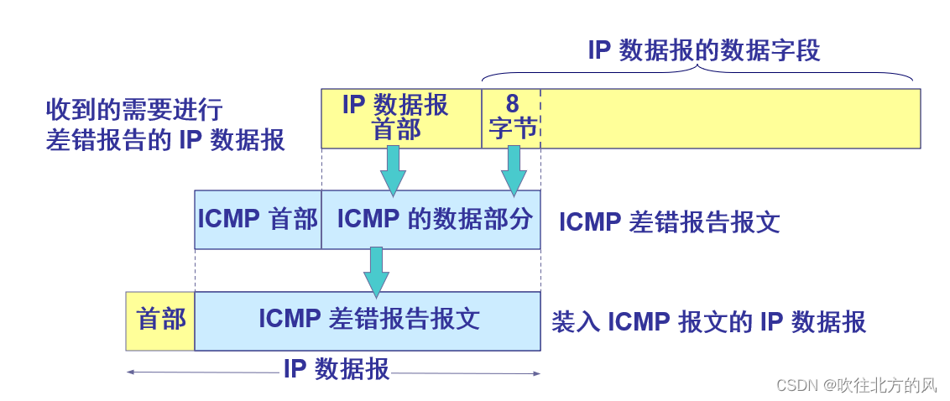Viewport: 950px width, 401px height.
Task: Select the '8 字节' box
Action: [511, 118]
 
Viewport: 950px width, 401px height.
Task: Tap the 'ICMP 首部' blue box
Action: [258, 220]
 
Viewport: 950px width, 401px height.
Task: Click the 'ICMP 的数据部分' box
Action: [431, 220]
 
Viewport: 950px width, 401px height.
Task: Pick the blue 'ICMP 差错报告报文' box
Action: [368, 320]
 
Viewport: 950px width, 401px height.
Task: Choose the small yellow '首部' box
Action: [160, 320]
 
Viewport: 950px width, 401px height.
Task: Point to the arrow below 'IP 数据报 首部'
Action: [393, 171]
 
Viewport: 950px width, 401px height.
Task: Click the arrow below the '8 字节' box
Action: [514, 171]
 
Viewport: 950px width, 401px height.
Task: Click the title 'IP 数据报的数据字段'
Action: [703, 50]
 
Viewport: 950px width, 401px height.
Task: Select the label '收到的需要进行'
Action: [134, 110]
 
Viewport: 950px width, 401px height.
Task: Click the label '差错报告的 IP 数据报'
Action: [165, 140]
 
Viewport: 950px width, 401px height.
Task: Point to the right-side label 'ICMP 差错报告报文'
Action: [669, 222]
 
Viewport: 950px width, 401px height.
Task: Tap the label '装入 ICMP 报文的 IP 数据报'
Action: [708, 322]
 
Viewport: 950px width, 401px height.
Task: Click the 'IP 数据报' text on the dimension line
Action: [336, 369]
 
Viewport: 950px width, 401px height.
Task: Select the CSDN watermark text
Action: [856, 385]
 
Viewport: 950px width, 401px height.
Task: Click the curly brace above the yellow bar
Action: [697, 72]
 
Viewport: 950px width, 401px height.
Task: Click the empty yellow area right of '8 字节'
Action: [730, 118]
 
